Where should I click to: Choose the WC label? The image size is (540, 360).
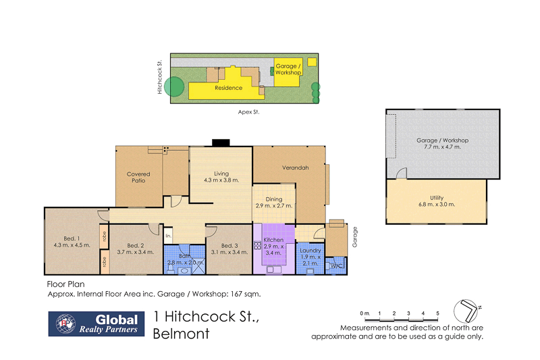[x=335, y=266]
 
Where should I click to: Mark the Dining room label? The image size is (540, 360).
[x=274, y=199]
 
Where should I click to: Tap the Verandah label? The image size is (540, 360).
[x=296, y=168]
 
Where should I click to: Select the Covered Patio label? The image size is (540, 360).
[x=138, y=178]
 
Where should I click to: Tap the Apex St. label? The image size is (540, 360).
[x=250, y=113]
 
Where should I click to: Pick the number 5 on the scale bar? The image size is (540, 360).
[x=437, y=313]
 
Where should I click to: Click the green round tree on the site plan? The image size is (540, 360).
[x=175, y=86]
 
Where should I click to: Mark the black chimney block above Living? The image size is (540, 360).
[x=221, y=143]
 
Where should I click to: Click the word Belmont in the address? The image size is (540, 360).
[x=182, y=333]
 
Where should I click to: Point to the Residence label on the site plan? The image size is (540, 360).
[x=228, y=88]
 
